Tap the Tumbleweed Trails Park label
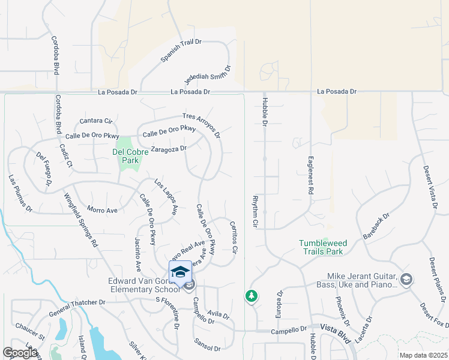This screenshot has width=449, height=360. [323, 247]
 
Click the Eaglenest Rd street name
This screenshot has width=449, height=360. [311, 175]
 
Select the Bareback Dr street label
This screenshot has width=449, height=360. [376, 225]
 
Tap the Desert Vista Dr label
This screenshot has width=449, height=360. [429, 188]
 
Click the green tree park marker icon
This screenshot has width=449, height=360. [251, 296]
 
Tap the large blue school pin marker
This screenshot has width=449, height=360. [181, 273]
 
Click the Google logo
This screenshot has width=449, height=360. [20, 353]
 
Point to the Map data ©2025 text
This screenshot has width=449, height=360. [423, 355]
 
